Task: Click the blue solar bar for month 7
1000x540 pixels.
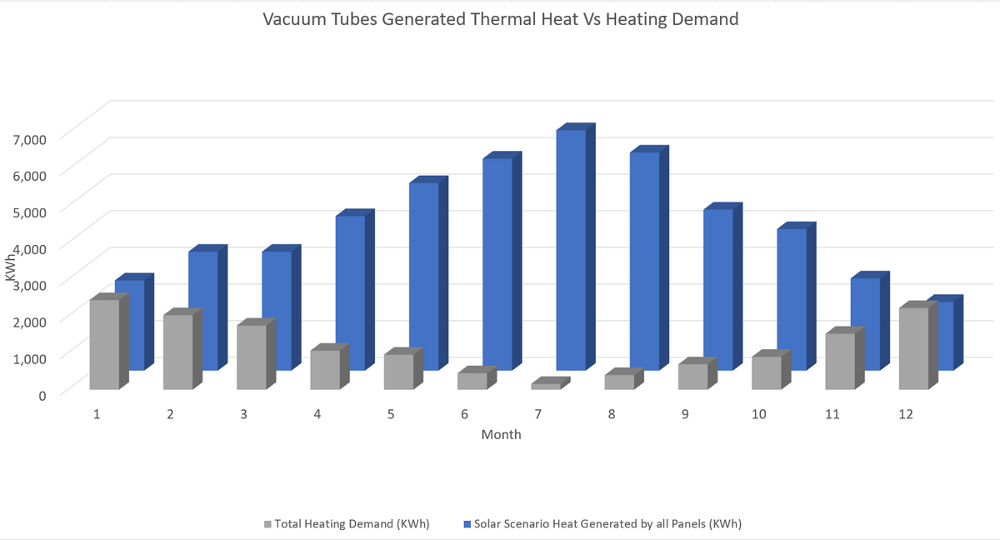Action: (571, 250)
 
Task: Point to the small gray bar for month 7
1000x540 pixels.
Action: (546, 386)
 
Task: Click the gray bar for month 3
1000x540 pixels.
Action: (251, 357)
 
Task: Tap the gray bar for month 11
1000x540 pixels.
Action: (840, 361)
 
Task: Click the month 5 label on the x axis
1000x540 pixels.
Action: (390, 414)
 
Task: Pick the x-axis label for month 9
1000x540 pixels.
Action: (684, 414)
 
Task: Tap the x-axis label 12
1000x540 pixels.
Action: (906, 414)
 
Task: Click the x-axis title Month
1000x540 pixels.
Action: (501, 435)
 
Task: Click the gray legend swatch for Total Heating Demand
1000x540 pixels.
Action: (267, 524)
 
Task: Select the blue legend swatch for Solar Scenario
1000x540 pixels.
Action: (466, 524)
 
